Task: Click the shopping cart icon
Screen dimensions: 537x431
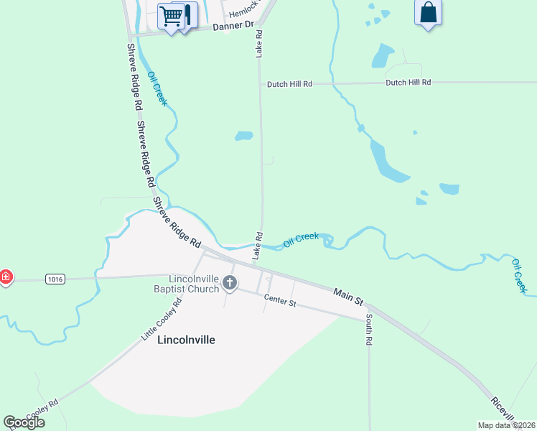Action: [171, 15]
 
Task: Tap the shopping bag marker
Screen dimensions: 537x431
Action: [428, 13]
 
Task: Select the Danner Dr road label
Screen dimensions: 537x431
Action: [234, 26]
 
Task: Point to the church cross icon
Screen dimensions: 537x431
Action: [230, 282]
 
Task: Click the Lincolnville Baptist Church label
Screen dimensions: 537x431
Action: [194, 284]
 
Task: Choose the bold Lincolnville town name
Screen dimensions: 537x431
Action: [186, 340]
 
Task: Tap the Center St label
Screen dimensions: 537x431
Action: [280, 301]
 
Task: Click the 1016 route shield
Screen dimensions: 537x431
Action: [53, 278]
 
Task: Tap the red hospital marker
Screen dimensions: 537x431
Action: [4, 277]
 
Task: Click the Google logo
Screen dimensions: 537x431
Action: [24, 422]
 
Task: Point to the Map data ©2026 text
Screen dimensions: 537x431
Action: [507, 425]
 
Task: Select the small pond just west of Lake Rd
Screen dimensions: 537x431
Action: [244, 135]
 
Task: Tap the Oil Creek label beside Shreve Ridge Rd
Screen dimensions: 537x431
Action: [157, 89]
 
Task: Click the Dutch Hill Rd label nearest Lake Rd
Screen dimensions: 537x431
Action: [289, 84]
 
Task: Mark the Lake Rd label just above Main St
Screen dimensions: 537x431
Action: [257, 246]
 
